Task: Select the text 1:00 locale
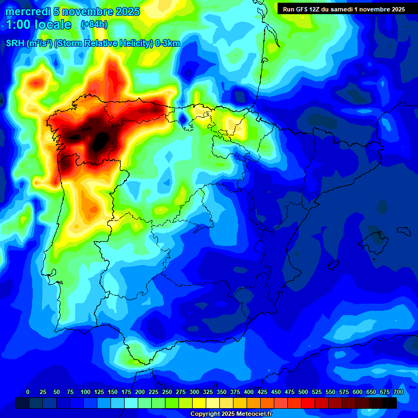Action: (39, 24)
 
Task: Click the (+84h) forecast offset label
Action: (94, 24)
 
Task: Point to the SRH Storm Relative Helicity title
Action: (93, 44)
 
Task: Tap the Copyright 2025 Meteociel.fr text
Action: (231, 414)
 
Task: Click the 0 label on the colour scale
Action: (28, 392)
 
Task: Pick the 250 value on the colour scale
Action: (167, 392)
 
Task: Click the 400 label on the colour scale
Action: (248, 392)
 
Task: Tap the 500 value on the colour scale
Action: (303, 392)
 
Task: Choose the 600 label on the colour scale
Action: (357, 392)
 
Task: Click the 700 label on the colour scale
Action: (398, 392)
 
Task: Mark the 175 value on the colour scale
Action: (126, 392)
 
